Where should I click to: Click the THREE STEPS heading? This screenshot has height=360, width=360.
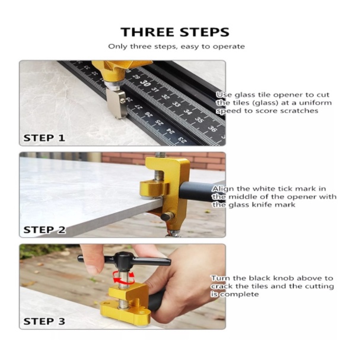coord(175,32)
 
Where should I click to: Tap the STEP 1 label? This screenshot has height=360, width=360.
coord(44,138)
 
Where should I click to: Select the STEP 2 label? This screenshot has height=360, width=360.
coord(44,230)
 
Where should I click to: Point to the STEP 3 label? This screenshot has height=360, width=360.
coord(44,321)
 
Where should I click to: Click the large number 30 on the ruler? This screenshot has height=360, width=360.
coord(145,83)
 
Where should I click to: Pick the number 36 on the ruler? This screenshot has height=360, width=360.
coord(212,129)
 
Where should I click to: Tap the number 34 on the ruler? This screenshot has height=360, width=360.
coord(188,112)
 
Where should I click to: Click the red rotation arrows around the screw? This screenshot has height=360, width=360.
coord(123,278)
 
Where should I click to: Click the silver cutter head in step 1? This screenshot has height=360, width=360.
coord(116,103)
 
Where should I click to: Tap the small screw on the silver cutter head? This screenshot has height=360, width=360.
coord(123,100)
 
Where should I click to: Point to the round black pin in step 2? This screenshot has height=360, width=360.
coord(167,216)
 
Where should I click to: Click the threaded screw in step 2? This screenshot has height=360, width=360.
coord(159,170)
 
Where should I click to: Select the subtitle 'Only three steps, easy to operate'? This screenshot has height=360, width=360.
coord(176,47)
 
